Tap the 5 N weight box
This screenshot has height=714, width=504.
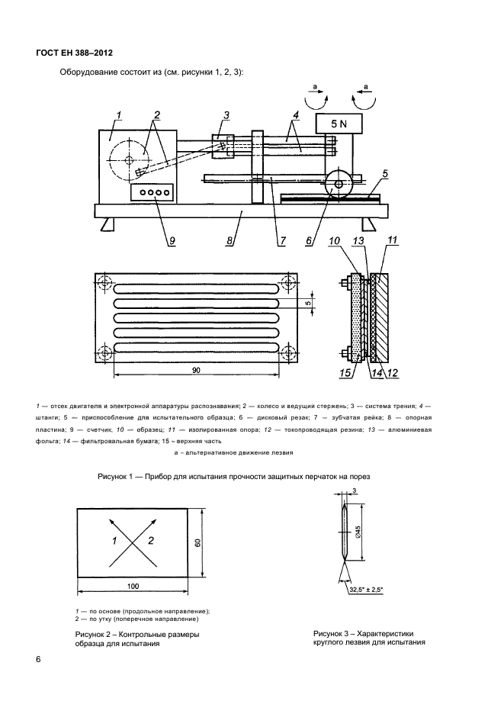tap(337, 122)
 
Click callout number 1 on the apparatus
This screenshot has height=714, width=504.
tap(119, 115)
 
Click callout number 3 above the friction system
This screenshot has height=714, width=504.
tap(226, 115)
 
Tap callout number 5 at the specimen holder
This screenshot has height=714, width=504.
tap(385, 175)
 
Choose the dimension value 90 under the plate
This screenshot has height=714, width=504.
tap(196, 369)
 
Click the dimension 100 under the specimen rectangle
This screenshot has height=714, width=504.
tap(133, 585)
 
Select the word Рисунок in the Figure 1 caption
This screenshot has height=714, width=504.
tap(114, 477)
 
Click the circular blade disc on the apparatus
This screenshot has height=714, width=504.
tap(337, 184)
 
